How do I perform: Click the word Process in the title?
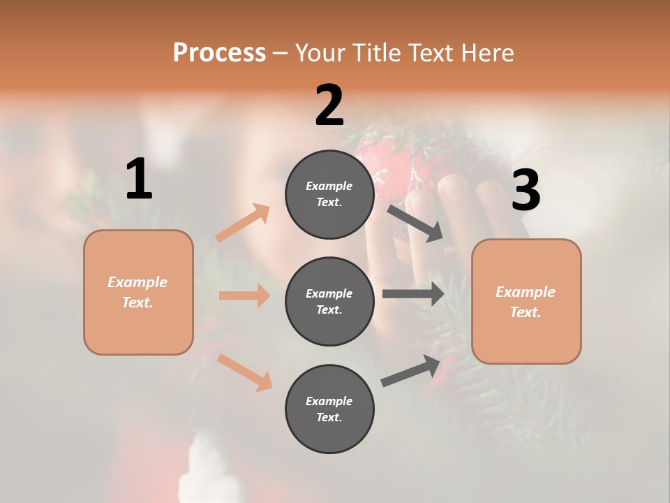pos(219,53)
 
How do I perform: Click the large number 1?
pos(139,180)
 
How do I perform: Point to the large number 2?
pos(329,105)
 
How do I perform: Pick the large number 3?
pos(526,190)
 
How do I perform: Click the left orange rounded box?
pos(138,292)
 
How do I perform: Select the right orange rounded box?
pos(526,302)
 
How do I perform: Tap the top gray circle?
pos(329,194)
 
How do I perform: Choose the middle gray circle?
pos(329,301)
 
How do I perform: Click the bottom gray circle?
pos(329,409)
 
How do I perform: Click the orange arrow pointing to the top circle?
pos(243,223)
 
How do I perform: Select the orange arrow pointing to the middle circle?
pos(244,296)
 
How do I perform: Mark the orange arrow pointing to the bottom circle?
pos(244,372)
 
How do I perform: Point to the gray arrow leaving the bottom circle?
pos(410,370)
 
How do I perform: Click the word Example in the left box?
pos(137,282)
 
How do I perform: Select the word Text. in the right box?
pos(526,312)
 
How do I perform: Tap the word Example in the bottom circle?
pos(329,401)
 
